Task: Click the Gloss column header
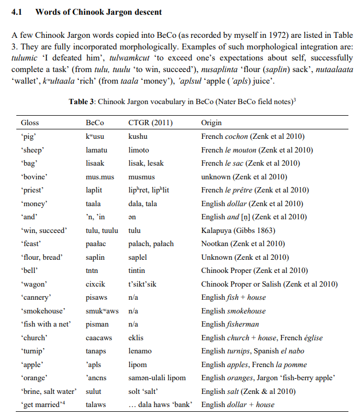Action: pos(30,123)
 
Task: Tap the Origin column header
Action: pos(212,123)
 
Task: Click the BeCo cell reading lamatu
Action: pos(96,150)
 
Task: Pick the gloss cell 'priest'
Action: pos(32,190)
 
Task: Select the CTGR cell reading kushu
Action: pos(138,136)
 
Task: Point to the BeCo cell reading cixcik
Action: pos(95,284)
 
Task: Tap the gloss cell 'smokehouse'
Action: pos(43,311)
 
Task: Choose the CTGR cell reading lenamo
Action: pos(139,351)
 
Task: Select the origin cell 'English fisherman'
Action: pos(230,324)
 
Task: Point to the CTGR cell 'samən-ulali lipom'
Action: pos(157,378)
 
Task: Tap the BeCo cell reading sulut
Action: pos(93,392)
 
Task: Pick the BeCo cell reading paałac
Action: pos(96,243)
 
